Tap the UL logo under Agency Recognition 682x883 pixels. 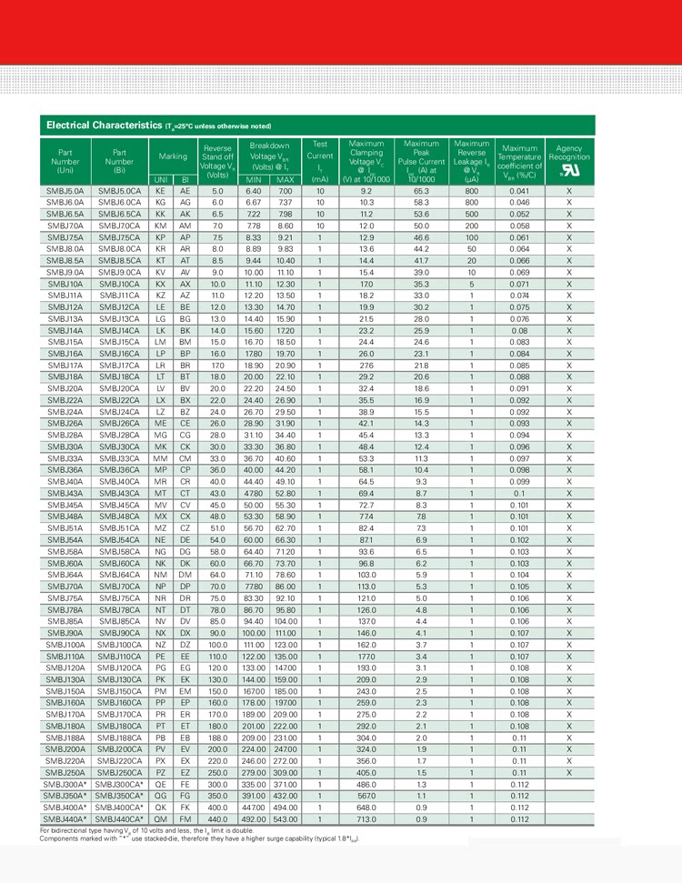[x=568, y=170]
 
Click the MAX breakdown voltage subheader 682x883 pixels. [x=285, y=180]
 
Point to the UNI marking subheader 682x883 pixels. [x=160, y=180]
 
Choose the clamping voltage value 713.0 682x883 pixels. [x=366, y=819]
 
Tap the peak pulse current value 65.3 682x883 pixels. [x=421, y=192]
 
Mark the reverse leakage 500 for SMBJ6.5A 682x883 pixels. [x=472, y=214]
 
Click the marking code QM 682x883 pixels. [x=161, y=819]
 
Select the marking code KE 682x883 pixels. [x=161, y=192]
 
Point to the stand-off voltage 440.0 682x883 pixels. [x=217, y=819]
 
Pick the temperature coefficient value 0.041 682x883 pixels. [x=519, y=192]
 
